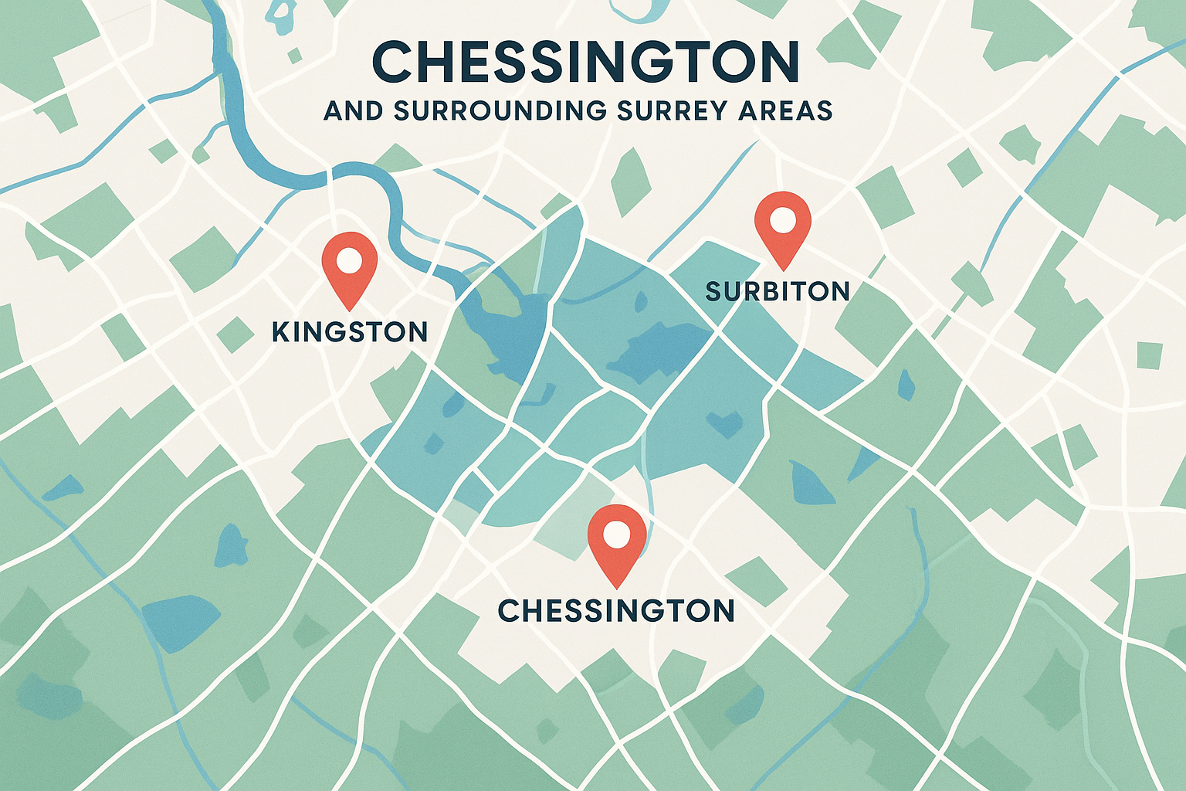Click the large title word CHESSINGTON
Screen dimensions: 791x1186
point(585,62)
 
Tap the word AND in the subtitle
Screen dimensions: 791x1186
point(353,110)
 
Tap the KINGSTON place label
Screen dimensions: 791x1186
point(350,332)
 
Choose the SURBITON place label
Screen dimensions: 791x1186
point(778,291)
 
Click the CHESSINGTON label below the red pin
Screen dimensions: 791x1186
point(616,611)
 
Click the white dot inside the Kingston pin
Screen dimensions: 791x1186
point(349,260)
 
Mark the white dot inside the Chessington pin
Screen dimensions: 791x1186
point(617,533)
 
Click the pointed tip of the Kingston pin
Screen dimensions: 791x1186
point(350,309)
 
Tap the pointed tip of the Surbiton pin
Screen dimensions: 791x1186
point(784,270)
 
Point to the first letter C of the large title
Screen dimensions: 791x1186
point(391,62)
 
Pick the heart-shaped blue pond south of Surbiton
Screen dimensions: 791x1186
point(723,423)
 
